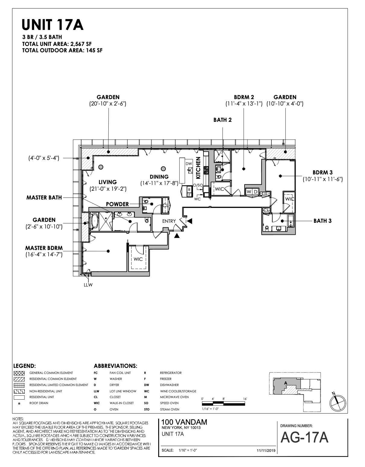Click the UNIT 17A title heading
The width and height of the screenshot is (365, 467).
[53, 25]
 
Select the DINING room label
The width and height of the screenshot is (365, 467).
[159, 177]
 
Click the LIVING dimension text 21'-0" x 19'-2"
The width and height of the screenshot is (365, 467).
[108, 189]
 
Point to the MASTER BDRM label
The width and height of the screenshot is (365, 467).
[44, 248]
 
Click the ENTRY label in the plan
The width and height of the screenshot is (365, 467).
[169, 221]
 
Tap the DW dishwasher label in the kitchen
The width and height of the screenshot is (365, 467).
[189, 164]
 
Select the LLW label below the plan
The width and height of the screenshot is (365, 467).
[88, 285]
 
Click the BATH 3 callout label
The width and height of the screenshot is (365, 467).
[322, 221]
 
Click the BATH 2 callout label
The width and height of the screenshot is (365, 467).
[223, 120]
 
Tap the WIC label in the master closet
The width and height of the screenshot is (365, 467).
[138, 259]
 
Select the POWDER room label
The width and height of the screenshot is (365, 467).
[117, 204]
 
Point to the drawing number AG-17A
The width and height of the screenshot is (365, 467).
[304, 438]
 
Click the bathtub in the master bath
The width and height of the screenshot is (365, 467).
[94, 221]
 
